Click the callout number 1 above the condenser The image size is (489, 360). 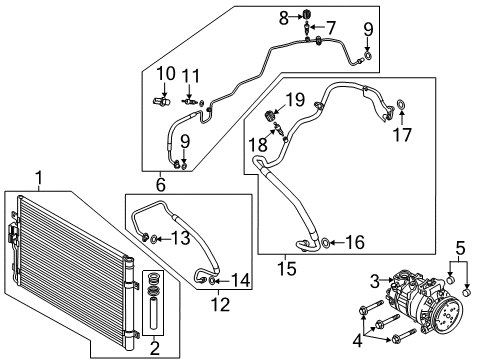click(39, 178)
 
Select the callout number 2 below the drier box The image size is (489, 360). click(155, 348)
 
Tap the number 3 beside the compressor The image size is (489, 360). click(375, 281)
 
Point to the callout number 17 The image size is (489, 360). click(402, 135)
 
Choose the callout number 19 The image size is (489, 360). click(295, 99)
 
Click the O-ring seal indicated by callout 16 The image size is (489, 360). click(326, 243)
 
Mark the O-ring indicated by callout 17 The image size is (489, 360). click(401, 105)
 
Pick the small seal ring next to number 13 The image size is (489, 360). click(154, 239)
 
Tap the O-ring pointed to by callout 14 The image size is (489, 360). click(212, 281)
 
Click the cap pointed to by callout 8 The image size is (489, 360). click(307, 15)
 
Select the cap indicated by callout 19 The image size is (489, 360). click(269, 116)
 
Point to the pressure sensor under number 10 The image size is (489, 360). click(162, 101)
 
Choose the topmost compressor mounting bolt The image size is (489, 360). click(371, 307)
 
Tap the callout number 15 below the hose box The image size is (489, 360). click(287, 268)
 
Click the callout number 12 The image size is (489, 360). click(220, 304)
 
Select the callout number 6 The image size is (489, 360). click(161, 184)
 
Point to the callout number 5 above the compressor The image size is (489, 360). click(460, 248)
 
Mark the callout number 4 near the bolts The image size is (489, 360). click(357, 340)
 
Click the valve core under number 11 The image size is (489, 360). click(190, 101)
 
